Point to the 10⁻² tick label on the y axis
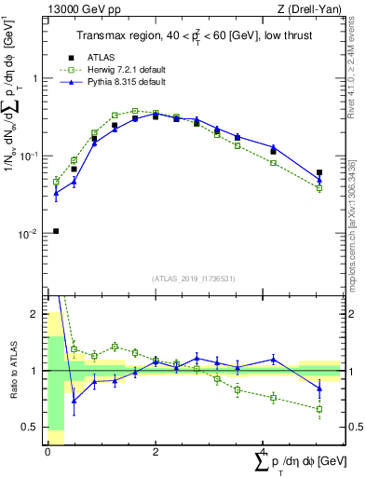[29, 234]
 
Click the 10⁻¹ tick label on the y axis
[29, 157]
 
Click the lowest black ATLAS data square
[56, 231]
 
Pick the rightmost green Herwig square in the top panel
[319, 188]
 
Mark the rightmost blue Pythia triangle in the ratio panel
[319, 388]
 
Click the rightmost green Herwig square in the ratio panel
[319, 409]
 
